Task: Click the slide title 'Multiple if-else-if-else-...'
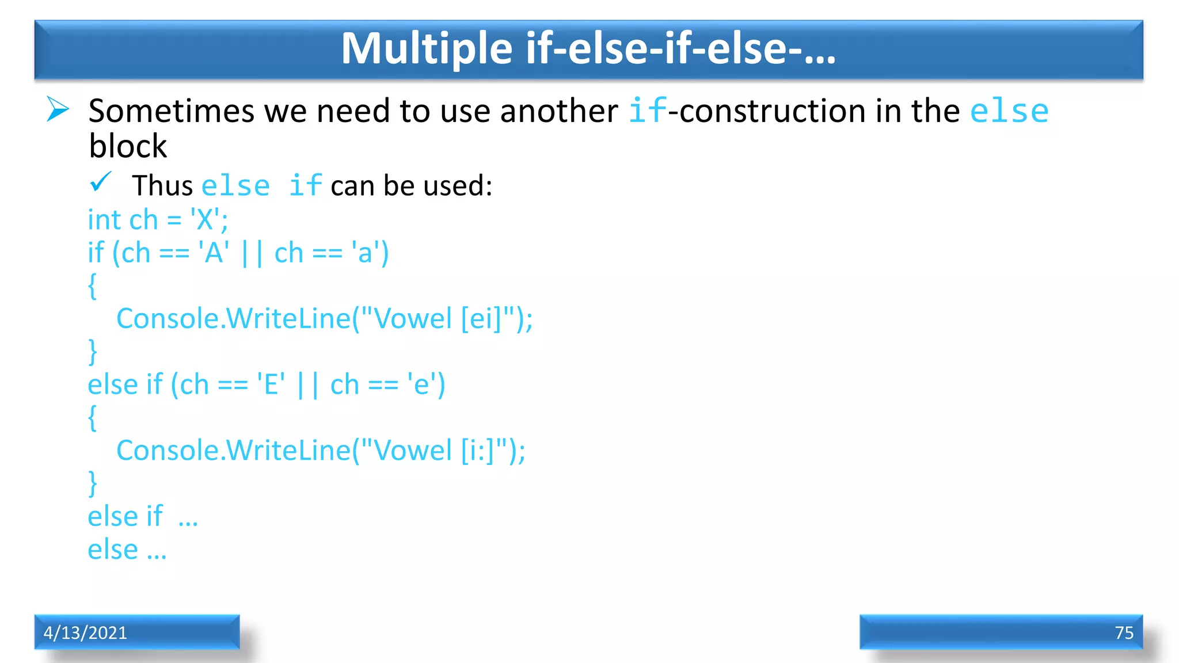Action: pyautogui.click(x=588, y=48)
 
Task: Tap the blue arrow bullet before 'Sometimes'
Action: pyautogui.click(x=58, y=109)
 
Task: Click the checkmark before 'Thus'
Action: pyautogui.click(x=100, y=182)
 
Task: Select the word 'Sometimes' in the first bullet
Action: pyautogui.click(x=171, y=110)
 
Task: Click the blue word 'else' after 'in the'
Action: pyautogui.click(x=1009, y=110)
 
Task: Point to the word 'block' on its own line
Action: pyautogui.click(x=127, y=146)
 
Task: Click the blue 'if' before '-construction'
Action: pyautogui.click(x=647, y=110)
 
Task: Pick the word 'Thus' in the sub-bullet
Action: pyautogui.click(x=162, y=186)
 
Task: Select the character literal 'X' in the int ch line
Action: pyautogui.click(x=205, y=220)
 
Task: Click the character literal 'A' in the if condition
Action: pyautogui.click(x=214, y=253)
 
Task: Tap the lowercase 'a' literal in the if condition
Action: pyautogui.click(x=365, y=253)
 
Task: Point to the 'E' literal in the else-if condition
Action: pyautogui.click(x=271, y=384)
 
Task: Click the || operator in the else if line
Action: pyautogui.click(x=307, y=384)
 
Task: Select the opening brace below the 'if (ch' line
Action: pyautogui.click(x=92, y=286)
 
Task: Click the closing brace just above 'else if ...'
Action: pyautogui.click(x=92, y=483)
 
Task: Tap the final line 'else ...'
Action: pyautogui.click(x=127, y=550)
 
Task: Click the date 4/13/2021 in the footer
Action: pyautogui.click(x=85, y=632)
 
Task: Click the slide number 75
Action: pyautogui.click(x=1124, y=632)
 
